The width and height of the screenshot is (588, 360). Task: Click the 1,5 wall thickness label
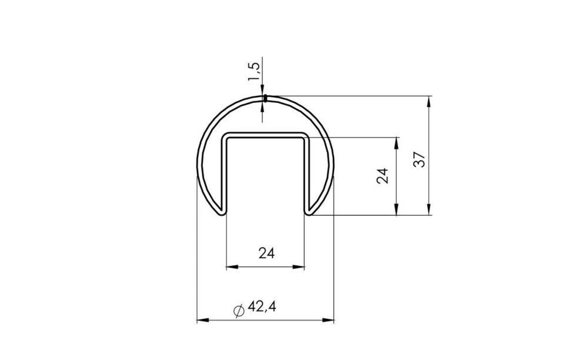[x=253, y=71]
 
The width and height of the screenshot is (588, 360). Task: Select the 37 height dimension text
[x=419, y=159]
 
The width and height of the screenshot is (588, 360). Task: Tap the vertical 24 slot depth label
[x=383, y=176]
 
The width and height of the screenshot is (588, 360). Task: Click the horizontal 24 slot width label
[x=266, y=254]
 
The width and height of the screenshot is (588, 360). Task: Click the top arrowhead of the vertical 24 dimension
[x=398, y=143]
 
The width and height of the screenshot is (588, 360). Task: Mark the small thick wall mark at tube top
[x=265, y=98]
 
